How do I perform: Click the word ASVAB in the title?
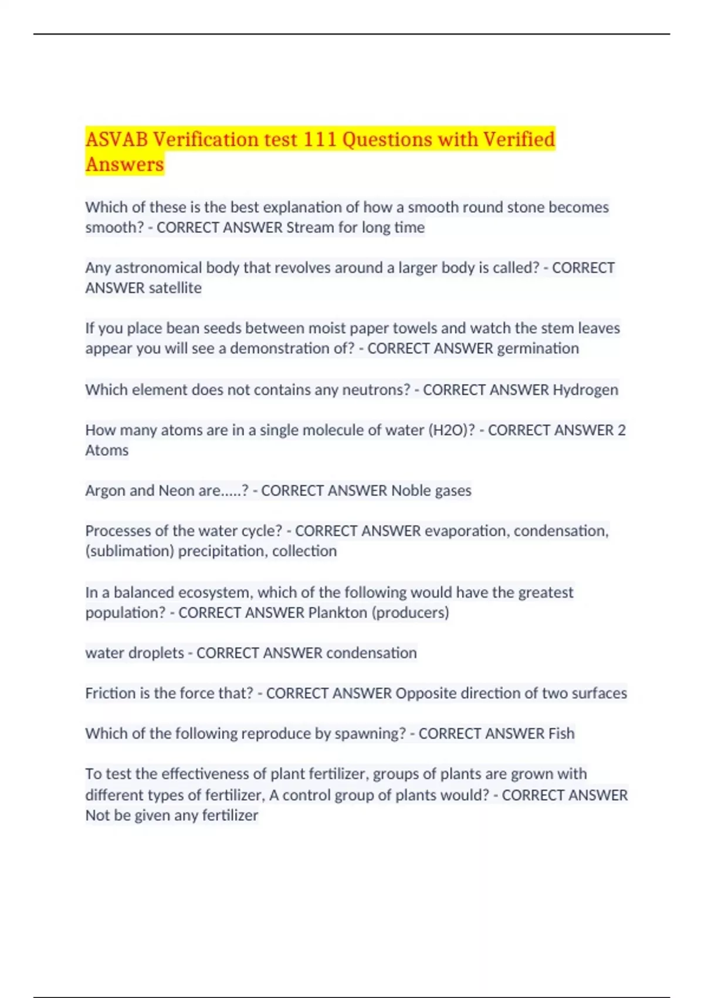tap(116, 140)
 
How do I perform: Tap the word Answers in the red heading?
tap(124, 164)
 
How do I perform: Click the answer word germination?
tap(537, 349)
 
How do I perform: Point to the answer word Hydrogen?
tap(585, 390)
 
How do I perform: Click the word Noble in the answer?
tap(411, 491)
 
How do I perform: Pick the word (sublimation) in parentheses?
tap(129, 551)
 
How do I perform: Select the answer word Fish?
tap(561, 734)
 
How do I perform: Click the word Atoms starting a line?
tap(106, 450)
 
